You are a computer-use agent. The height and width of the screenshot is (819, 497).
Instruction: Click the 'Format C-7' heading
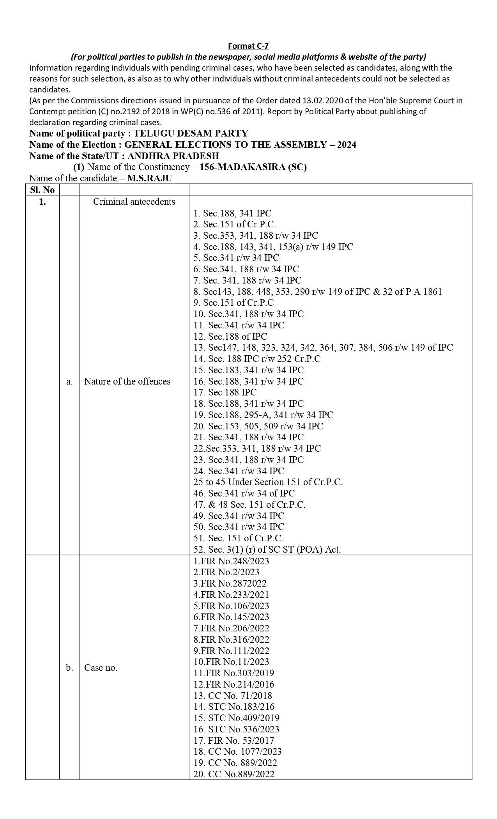point(248,46)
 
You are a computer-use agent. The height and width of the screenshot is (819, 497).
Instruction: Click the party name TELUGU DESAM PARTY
point(191,133)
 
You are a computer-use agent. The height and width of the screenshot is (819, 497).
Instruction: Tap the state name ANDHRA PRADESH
point(173,156)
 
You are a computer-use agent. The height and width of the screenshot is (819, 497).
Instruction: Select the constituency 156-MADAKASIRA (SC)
point(253,167)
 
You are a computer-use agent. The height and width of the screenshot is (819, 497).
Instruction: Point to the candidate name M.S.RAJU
point(150,178)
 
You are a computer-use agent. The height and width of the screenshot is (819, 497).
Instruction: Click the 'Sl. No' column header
point(42,190)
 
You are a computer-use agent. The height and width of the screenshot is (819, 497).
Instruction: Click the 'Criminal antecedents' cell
point(134,201)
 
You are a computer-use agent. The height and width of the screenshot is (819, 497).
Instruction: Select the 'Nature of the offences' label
point(127,381)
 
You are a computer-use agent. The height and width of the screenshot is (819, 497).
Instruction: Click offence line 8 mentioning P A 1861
point(318,292)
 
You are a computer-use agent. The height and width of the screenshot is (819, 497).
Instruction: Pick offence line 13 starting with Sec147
point(323,347)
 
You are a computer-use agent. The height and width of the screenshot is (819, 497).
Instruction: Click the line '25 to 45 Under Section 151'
point(268,482)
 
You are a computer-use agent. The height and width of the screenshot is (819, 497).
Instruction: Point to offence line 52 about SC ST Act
point(267,550)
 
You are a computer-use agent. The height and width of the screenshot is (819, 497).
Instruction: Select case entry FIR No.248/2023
point(231,561)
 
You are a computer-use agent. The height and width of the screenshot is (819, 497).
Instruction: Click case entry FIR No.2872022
point(230,583)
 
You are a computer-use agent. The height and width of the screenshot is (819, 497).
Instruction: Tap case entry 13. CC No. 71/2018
point(233,695)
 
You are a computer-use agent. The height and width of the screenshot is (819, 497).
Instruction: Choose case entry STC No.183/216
point(234,707)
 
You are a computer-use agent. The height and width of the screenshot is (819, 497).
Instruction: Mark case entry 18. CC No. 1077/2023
point(237,752)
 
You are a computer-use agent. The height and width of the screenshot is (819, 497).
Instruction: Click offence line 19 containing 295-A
point(264,415)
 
